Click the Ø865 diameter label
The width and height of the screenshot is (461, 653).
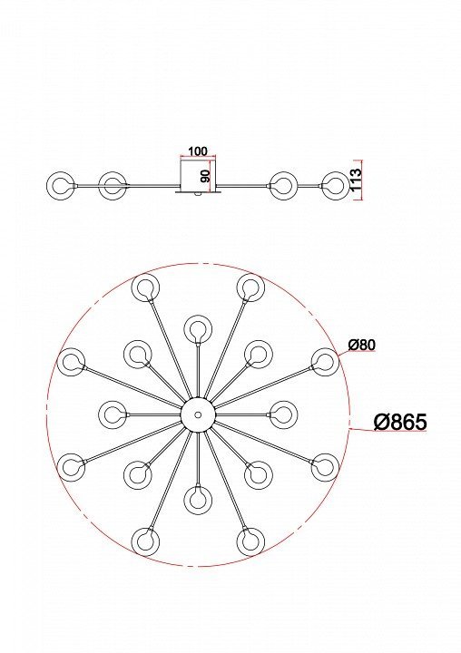point(400,422)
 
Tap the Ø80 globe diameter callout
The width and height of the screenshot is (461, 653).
point(362,345)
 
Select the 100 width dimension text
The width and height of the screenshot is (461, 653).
point(198,151)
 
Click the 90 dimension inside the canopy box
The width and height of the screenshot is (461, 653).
point(205,176)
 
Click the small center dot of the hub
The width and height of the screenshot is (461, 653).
point(198,414)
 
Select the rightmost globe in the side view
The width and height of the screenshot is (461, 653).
point(336,185)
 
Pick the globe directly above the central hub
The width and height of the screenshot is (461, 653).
point(198,329)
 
